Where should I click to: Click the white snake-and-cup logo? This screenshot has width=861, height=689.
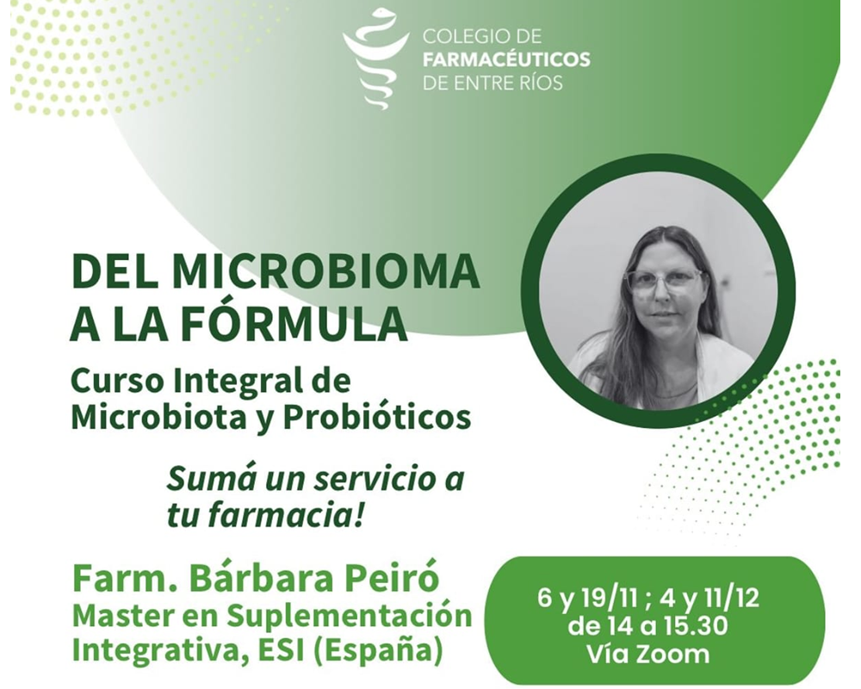(374, 59)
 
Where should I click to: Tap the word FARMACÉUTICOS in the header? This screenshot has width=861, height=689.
(506, 59)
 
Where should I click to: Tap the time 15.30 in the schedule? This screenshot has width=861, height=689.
(694, 624)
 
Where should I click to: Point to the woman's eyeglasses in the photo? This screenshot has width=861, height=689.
(663, 281)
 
